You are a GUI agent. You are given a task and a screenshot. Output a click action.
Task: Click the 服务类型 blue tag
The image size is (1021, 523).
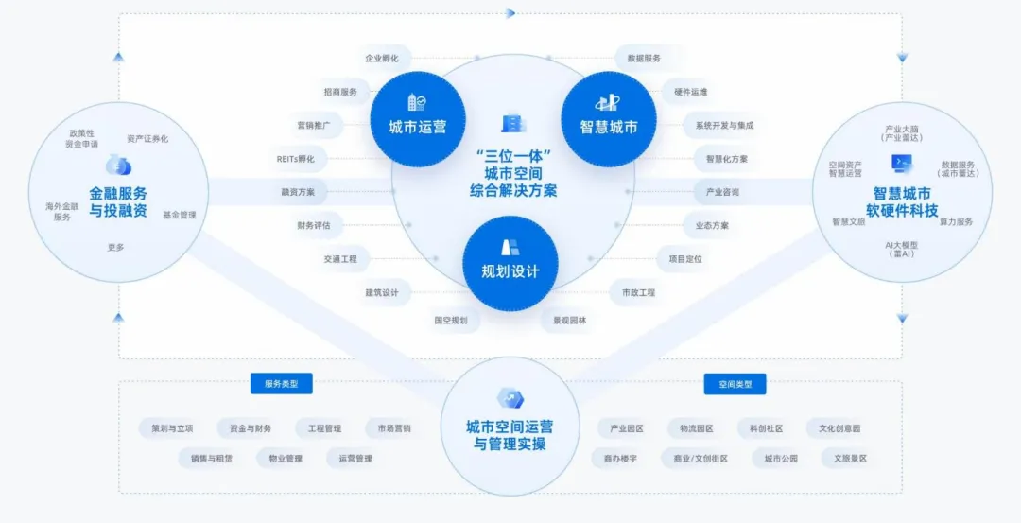[x=281, y=384]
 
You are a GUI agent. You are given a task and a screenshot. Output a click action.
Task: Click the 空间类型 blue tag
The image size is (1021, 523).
[x=735, y=384]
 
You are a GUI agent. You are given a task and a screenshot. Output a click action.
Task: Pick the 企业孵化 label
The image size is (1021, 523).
[x=381, y=59]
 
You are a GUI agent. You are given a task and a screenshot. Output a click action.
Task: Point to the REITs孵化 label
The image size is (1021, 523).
[x=296, y=158]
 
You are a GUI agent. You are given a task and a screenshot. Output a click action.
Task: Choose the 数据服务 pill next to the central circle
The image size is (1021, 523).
[x=644, y=59]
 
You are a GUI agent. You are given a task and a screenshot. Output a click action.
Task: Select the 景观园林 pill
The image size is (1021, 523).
[x=569, y=320]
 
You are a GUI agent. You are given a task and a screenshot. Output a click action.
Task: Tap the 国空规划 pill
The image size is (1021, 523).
[x=451, y=320]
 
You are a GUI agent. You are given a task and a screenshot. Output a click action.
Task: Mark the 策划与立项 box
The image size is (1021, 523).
[x=172, y=428]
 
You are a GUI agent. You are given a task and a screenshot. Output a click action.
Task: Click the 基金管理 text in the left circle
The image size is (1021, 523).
[x=179, y=215]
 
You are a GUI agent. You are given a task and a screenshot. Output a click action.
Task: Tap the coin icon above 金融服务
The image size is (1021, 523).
[x=118, y=166]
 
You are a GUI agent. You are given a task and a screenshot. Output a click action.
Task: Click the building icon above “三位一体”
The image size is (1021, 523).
[x=511, y=124]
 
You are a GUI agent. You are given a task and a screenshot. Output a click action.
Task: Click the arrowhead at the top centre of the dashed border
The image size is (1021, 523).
[x=510, y=13]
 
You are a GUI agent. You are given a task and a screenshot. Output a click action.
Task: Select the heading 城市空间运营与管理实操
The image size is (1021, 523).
[x=510, y=435]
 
